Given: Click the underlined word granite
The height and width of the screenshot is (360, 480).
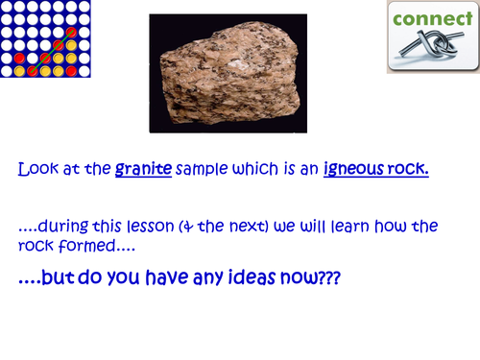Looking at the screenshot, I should pyautogui.click(x=143, y=170).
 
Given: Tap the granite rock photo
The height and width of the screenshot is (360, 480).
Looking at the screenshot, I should pyautogui.click(x=228, y=73).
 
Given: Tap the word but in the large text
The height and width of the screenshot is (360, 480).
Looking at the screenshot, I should pyautogui.click(x=66, y=277).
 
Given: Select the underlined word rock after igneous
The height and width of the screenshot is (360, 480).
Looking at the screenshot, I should pyautogui.click(x=409, y=170).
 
